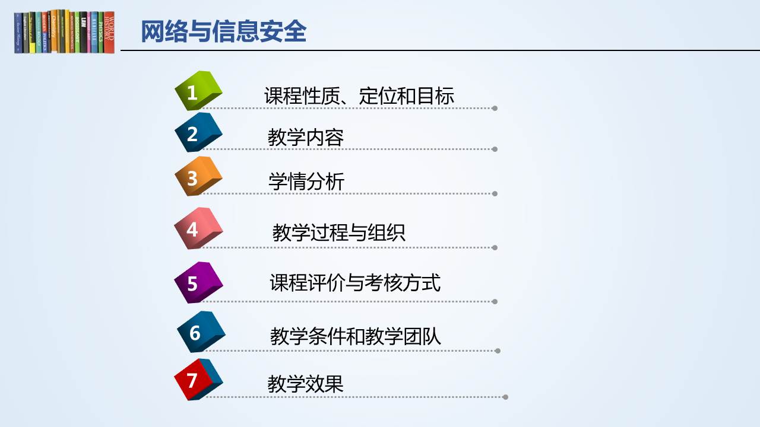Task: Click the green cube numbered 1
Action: pyautogui.click(x=198, y=91)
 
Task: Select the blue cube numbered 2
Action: pyautogui.click(x=198, y=132)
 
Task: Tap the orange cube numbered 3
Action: pyautogui.click(x=198, y=176)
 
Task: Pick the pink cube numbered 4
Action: pyautogui.click(x=198, y=228)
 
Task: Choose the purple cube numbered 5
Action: pyautogui.click(x=198, y=282)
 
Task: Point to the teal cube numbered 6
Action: pyautogui.click(x=201, y=332)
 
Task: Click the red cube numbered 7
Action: pyautogui.click(x=198, y=380)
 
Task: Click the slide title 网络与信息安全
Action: pyautogui.click(x=224, y=31)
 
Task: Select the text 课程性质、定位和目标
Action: pyautogui.click(x=359, y=95)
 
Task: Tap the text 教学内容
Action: pyautogui.click(x=305, y=137)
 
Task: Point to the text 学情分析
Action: pyautogui.click(x=306, y=181)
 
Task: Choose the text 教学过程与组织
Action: pyautogui.click(x=338, y=232)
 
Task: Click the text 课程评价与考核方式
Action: pyautogui.click(x=355, y=283)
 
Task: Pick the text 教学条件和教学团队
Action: pyautogui.click(x=355, y=336)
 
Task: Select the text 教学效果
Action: pyautogui.click(x=305, y=384)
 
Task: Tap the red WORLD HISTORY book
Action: pyautogui.click(x=109, y=32)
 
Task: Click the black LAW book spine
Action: pyautogui.click(x=84, y=33)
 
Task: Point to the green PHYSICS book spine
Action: pyautogui.click(x=101, y=33)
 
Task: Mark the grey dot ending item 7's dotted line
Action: pyautogui.click(x=505, y=397)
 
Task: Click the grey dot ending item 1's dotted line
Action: pyautogui.click(x=495, y=109)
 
